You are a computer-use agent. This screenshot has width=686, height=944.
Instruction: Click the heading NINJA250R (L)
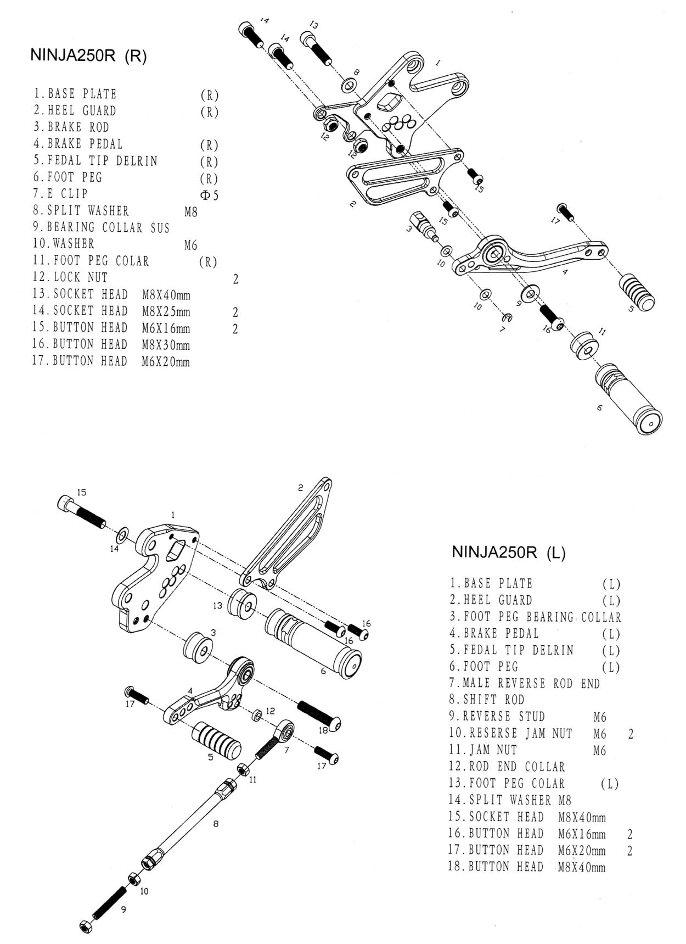pyautogui.click(x=508, y=552)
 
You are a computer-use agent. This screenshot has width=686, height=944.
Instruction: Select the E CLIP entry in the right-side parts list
pyautogui.click(x=60, y=194)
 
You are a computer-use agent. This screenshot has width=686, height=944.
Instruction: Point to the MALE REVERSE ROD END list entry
pyautogui.click(x=524, y=684)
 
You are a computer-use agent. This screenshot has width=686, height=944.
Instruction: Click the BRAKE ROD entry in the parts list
pyautogui.click(x=71, y=127)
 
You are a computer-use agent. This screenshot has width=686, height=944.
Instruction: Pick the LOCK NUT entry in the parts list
pyautogui.click(x=70, y=277)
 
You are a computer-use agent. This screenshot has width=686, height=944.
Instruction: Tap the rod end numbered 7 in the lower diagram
pyautogui.click(x=274, y=739)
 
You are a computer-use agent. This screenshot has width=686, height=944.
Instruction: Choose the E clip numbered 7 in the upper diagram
pyautogui.click(x=508, y=317)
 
